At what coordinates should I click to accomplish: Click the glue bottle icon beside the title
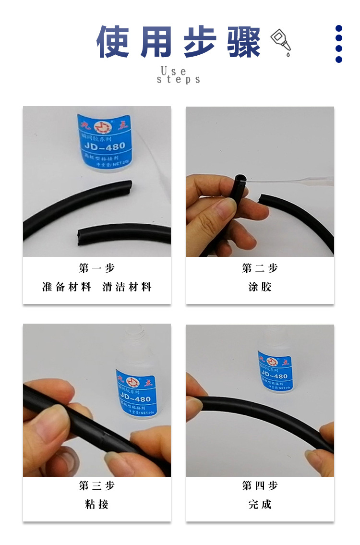[x=281, y=42]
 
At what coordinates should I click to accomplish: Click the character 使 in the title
[x=113, y=42]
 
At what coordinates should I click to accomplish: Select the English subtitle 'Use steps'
[x=179, y=75]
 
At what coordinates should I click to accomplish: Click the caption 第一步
[x=97, y=268]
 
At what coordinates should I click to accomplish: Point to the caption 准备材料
[x=67, y=287]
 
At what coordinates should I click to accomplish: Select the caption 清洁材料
[x=127, y=287]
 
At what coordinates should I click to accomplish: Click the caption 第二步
[x=260, y=268]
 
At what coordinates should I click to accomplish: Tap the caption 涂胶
[x=260, y=287]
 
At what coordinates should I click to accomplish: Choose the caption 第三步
[x=97, y=486]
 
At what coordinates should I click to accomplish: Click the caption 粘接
[x=97, y=504]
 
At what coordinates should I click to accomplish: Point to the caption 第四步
[x=260, y=486]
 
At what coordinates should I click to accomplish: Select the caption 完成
[x=260, y=504]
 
